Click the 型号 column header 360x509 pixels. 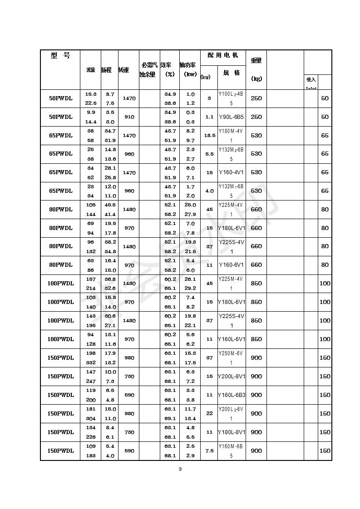point(60,56)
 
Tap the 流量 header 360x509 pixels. point(91,70)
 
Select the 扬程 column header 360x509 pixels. point(106,70)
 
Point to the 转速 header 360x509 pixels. point(123,70)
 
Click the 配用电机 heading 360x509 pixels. point(223,55)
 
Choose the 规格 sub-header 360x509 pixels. point(232,73)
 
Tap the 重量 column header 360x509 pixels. point(256,60)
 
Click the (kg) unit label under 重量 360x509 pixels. point(256,78)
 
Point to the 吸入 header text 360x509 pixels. point(311,80)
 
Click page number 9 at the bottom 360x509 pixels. point(180,469)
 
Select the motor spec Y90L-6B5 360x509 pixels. point(231,117)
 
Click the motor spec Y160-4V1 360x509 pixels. point(231,172)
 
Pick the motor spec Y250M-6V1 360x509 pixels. point(231,358)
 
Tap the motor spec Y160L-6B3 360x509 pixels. point(232,395)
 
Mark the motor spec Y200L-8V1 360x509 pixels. point(232,377)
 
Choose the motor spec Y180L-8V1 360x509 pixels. point(232,432)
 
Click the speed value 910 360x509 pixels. point(129,117)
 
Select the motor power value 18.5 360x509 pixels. point(209,136)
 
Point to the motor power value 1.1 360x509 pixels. point(209,117)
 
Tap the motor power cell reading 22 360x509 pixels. point(209,414)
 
